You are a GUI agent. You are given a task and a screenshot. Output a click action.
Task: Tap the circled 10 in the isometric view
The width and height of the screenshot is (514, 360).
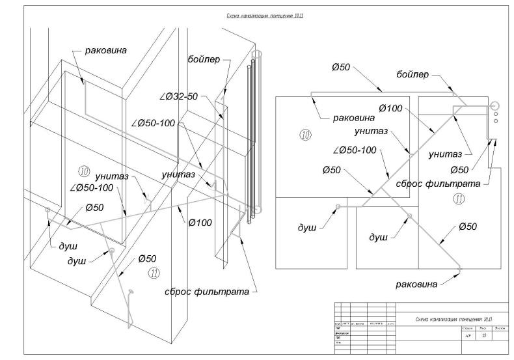pos(83,171)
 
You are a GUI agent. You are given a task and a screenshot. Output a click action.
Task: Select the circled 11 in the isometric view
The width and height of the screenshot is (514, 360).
pos(154,272)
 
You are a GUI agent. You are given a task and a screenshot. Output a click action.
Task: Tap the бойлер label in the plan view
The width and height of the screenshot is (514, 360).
pos(413,75)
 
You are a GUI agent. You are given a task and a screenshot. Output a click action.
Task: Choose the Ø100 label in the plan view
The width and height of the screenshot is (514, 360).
pos(390,108)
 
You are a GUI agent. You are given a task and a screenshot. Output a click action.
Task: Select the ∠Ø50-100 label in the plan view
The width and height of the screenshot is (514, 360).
pos(355,150)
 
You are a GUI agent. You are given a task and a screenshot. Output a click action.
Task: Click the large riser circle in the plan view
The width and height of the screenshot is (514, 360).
pos(494,105)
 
